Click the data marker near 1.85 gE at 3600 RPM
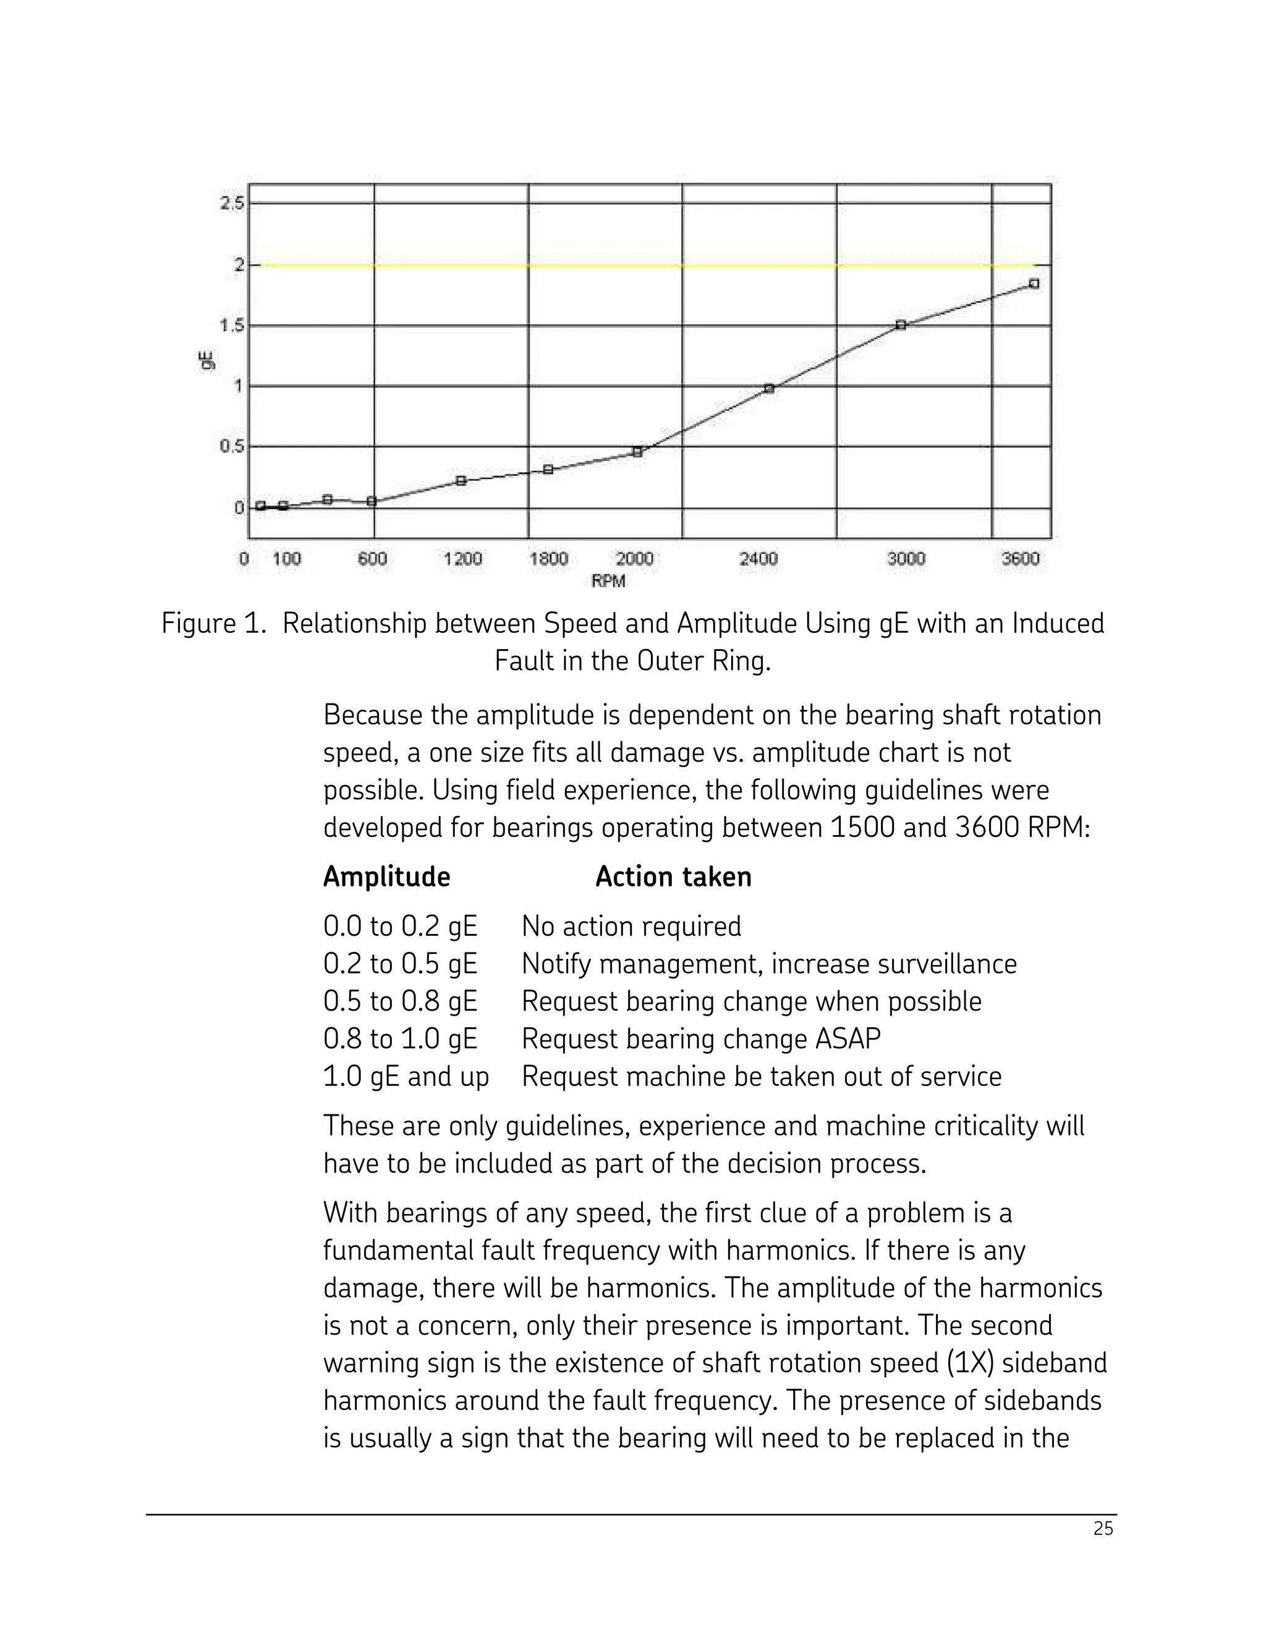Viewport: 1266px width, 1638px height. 1034,284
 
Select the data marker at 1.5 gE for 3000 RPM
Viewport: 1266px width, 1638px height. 901,325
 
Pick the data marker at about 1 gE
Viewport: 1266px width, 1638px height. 769,389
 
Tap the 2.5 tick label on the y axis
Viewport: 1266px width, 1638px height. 232,203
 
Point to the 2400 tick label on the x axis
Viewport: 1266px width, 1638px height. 758,559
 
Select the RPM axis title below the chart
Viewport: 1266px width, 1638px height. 608,581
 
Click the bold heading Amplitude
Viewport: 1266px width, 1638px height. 386,876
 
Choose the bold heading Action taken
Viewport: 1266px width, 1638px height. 673,876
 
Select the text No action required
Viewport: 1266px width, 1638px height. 631,927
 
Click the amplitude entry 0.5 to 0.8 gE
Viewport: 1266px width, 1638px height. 400,1002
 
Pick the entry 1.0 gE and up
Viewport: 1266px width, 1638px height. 406,1077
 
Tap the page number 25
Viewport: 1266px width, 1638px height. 1103,1529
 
